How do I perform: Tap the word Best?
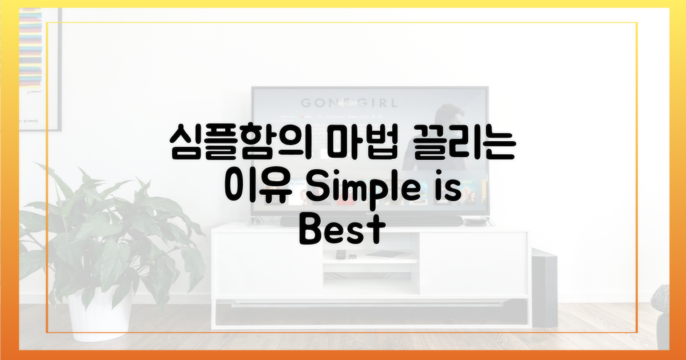342,230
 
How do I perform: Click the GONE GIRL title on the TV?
349,103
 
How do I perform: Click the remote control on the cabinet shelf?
340,254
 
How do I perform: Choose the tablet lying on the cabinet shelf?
386,254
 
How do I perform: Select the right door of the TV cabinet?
473,264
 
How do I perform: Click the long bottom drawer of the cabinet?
371,312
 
